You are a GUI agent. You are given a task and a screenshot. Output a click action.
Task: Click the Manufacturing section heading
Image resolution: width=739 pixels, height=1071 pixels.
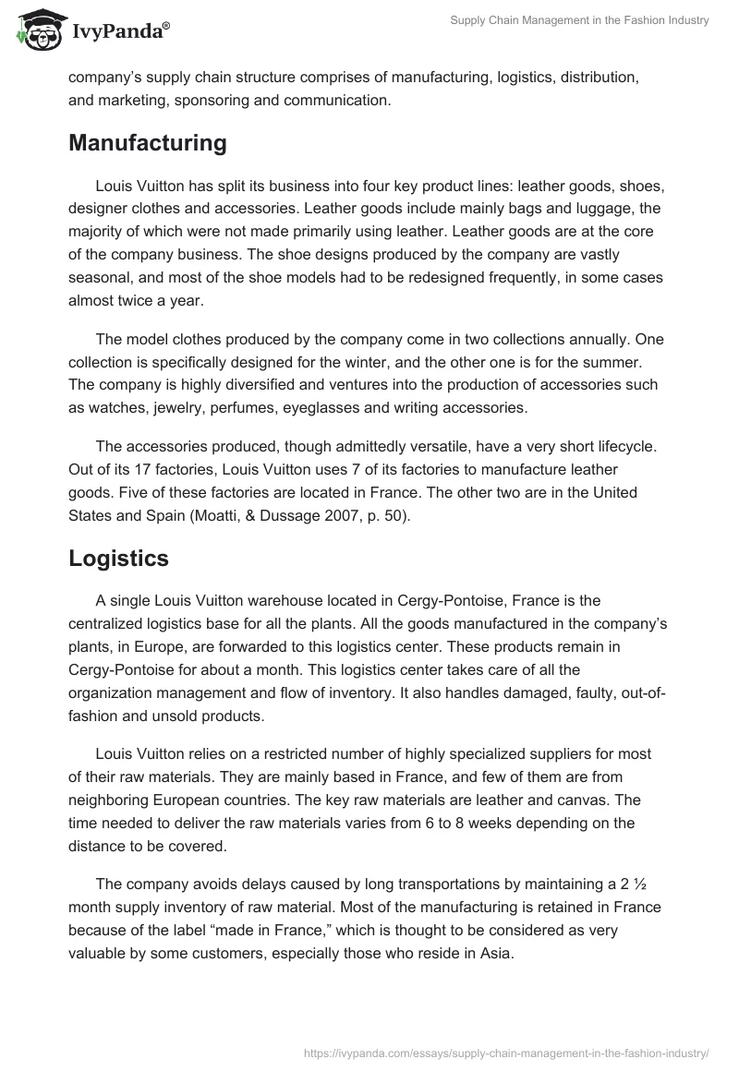tap(148, 143)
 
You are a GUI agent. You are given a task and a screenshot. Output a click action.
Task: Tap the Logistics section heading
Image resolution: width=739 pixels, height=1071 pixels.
tap(118, 558)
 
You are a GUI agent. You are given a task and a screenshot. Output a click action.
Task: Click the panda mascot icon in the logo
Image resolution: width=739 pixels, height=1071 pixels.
tap(35, 30)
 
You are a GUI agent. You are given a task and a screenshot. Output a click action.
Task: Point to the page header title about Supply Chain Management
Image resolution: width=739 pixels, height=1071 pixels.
tap(579, 20)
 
